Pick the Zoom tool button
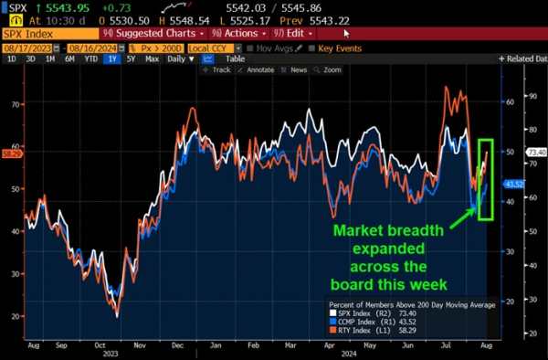pyautogui.click(x=329, y=69)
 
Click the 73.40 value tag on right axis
pyautogui.click(x=536, y=152)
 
